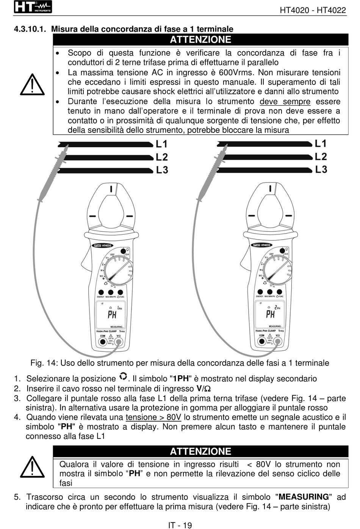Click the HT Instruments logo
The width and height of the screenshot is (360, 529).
pyautogui.click(x=33, y=7)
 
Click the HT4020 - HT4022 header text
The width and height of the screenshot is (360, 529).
pyautogui.click(x=313, y=10)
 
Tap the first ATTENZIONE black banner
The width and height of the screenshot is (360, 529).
pyautogui.click(x=200, y=40)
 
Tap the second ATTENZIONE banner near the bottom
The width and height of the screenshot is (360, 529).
pyautogui.click(x=200, y=451)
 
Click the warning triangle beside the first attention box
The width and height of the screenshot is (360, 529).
pyautogui.click(x=32, y=85)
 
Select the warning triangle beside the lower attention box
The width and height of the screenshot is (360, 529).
pyautogui.click(x=32, y=467)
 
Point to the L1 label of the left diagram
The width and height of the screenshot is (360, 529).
pyautogui.click(x=161, y=144)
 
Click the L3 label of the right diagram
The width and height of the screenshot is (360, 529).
pyautogui.click(x=321, y=169)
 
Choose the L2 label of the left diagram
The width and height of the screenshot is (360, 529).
pyautogui.click(x=162, y=157)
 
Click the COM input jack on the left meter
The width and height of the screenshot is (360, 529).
pyautogui.click(x=103, y=342)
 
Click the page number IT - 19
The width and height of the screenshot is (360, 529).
pyautogui.click(x=180, y=525)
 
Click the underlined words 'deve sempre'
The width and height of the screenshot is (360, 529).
pyautogui.click(x=285, y=101)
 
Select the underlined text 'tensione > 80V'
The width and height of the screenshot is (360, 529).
pyautogui.click(x=153, y=417)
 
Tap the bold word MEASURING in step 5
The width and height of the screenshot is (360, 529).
pyautogui.click(x=304, y=497)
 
